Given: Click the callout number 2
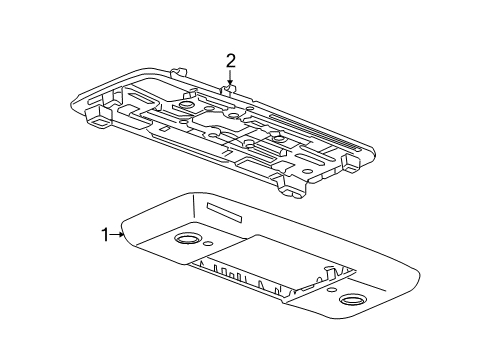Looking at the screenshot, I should pos(230,62).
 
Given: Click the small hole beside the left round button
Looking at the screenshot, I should pos(206,246).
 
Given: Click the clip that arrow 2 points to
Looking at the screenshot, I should pos(230,92).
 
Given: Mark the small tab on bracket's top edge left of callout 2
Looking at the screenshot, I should pos(182,72).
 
